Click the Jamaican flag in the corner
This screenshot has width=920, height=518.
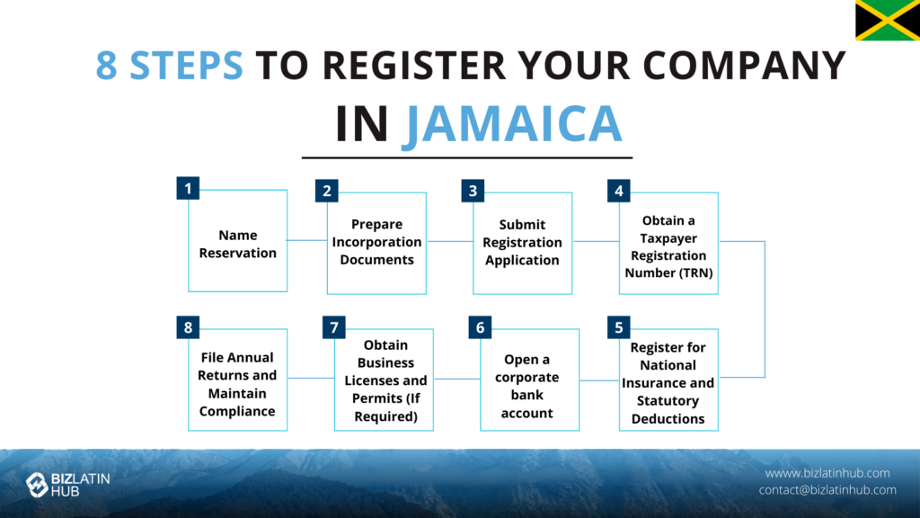[888, 20]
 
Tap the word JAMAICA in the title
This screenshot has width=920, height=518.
[511, 124]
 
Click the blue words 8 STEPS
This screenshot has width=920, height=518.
[169, 65]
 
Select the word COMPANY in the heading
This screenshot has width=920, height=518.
[744, 65]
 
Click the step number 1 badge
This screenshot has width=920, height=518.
[188, 189]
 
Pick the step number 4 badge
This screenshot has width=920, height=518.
[618, 191]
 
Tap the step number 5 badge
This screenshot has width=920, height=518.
[618, 327]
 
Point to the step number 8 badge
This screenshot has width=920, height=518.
[188, 327]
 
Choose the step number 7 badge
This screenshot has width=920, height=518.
[334, 327]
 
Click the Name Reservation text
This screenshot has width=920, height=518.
[237, 244]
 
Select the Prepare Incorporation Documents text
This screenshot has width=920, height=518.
[376, 242]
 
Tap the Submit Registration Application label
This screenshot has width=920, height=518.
[522, 242]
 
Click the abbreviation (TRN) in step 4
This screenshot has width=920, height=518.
[692, 272]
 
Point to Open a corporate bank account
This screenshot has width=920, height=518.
[526, 386]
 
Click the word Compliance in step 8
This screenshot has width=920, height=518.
[237, 411]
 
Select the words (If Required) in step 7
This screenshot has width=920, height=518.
[385, 407]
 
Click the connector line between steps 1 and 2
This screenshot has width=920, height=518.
[307, 240]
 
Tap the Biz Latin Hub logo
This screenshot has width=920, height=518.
[68, 485]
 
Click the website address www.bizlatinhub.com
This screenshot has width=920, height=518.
[827, 473]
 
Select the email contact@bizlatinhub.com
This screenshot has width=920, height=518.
[827, 490]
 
